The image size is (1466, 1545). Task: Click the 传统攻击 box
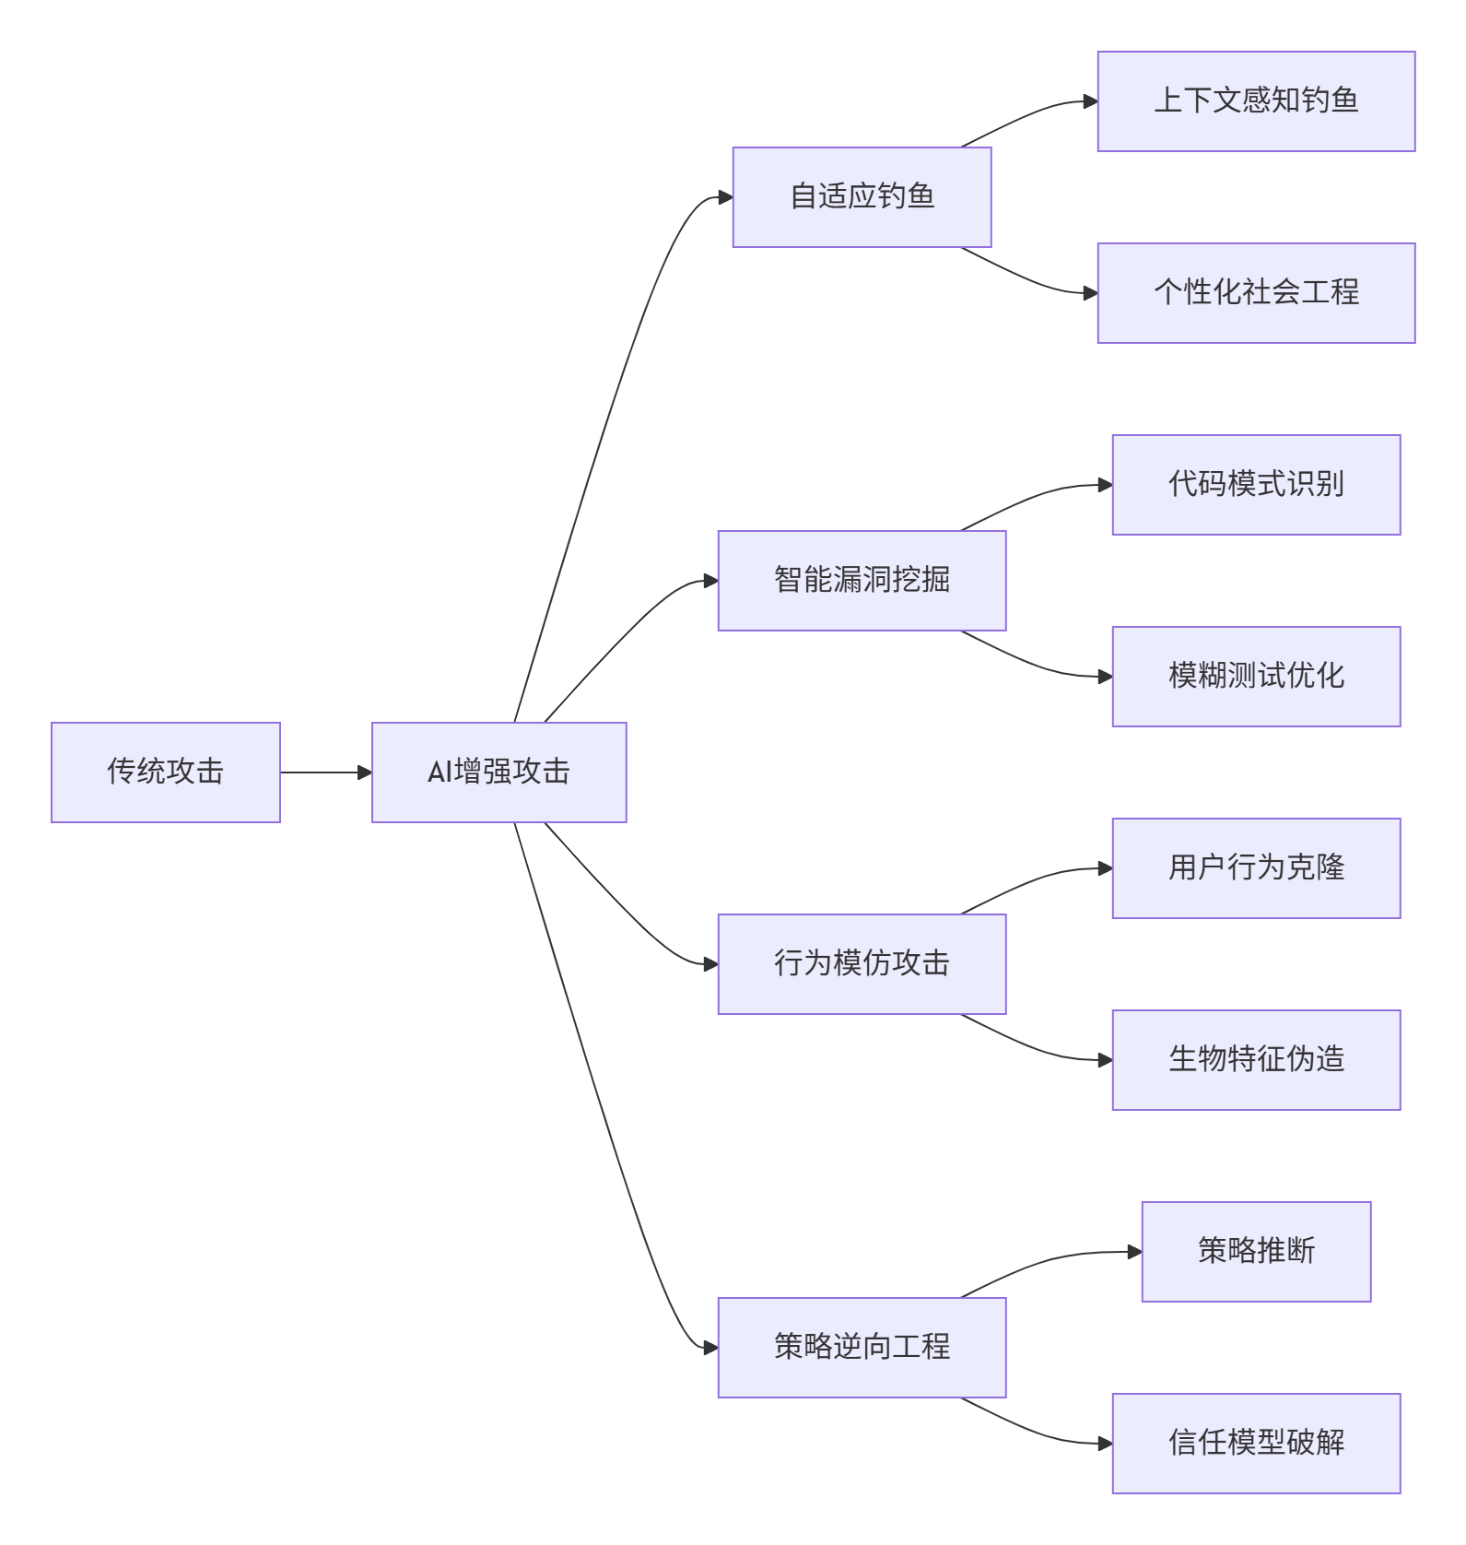click(x=166, y=772)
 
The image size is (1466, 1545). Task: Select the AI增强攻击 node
click(x=498, y=772)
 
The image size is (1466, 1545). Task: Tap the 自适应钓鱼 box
click(x=862, y=197)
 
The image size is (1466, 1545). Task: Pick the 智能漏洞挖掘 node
click(x=862, y=581)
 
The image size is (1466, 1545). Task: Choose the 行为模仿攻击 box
click(x=862, y=964)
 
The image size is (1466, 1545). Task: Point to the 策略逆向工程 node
click(x=862, y=1348)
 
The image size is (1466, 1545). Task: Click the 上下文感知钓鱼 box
click(x=1256, y=101)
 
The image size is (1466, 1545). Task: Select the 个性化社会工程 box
click(x=1256, y=293)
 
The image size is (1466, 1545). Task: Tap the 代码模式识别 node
click(x=1256, y=485)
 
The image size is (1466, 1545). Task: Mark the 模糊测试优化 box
click(x=1256, y=677)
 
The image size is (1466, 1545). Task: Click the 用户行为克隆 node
click(x=1256, y=868)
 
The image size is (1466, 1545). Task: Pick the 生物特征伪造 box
click(x=1256, y=1060)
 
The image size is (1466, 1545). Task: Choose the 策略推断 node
click(x=1256, y=1252)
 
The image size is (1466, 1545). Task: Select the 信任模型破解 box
click(x=1256, y=1444)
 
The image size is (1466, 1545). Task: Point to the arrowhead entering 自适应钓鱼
click(x=726, y=197)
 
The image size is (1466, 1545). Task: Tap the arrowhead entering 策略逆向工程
click(x=711, y=1348)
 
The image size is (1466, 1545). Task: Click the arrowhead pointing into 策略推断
click(x=1135, y=1252)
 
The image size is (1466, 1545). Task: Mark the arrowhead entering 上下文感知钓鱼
click(x=1091, y=101)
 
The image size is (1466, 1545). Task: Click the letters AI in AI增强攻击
click(x=440, y=772)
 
